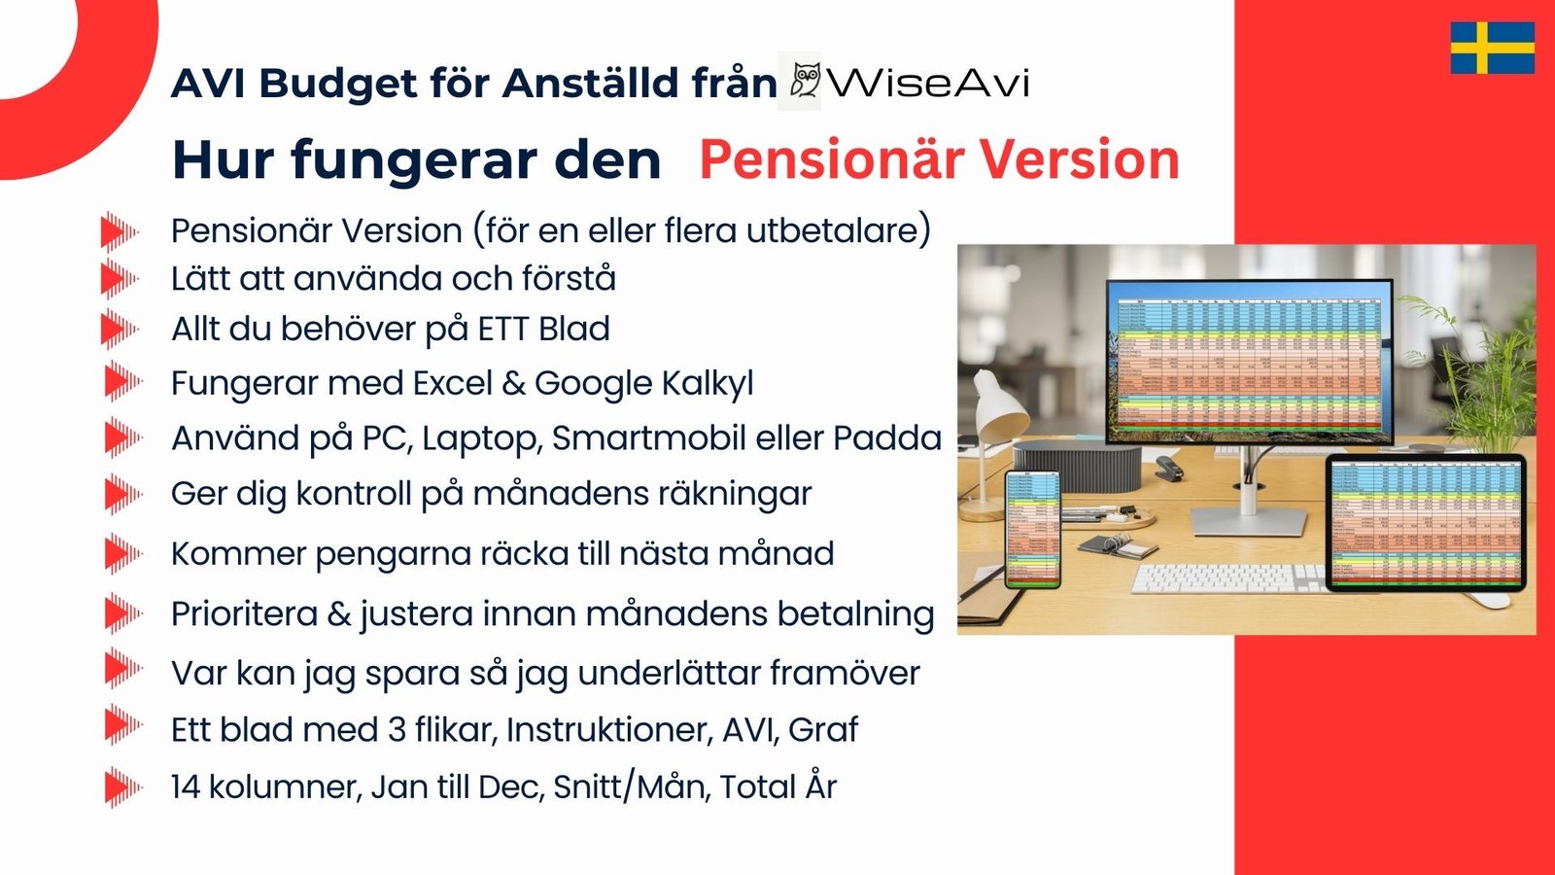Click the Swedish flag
click(1492, 48)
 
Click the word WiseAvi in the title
click(929, 83)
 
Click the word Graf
click(823, 730)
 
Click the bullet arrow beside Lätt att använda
click(119, 279)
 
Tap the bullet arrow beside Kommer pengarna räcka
click(121, 554)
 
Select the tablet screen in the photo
click(1426, 523)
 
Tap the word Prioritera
click(244, 614)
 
